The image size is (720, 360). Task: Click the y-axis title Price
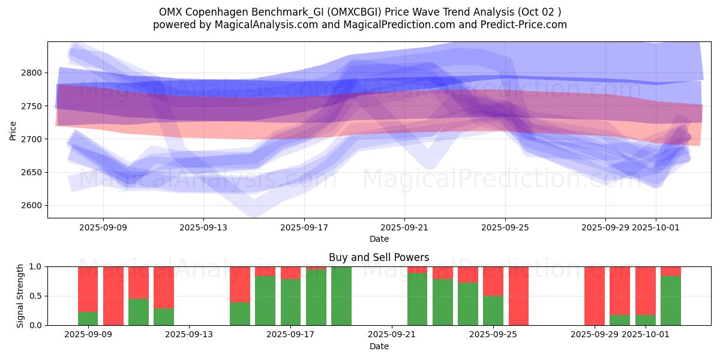coord(13,130)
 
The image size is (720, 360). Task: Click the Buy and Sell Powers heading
coord(379,258)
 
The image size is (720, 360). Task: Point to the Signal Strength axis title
coord(20,295)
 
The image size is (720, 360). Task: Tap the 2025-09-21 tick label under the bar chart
coord(391,335)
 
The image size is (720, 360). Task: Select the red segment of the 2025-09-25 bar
coord(493,281)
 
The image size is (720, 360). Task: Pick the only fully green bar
coord(341,296)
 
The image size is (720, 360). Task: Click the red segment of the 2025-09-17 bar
coord(291,272)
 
